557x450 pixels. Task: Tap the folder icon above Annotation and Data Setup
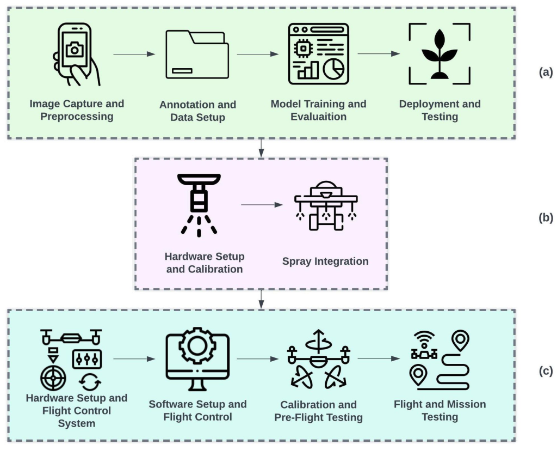click(x=197, y=54)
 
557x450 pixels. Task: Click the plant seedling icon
click(x=440, y=54)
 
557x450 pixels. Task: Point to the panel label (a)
click(x=545, y=72)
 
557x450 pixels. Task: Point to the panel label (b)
click(x=545, y=218)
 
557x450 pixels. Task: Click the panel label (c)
click(x=545, y=372)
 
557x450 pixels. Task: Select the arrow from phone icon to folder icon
click(x=134, y=54)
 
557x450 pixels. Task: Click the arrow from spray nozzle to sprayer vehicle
click(x=262, y=205)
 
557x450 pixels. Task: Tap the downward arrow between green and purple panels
click(x=262, y=148)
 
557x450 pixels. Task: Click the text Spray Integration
click(x=325, y=262)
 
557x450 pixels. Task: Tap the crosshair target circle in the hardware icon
click(x=53, y=375)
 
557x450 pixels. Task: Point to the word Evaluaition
click(x=318, y=117)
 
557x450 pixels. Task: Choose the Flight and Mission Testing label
click(x=440, y=411)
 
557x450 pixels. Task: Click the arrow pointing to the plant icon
click(x=379, y=54)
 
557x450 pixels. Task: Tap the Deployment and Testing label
click(x=440, y=110)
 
